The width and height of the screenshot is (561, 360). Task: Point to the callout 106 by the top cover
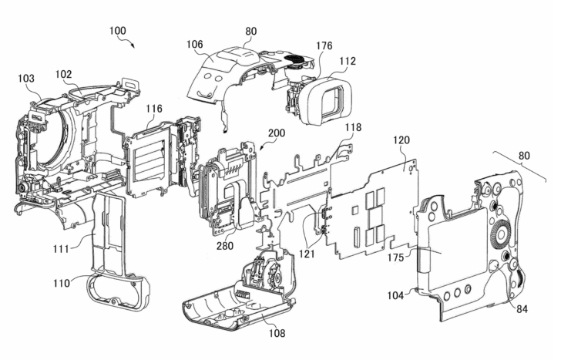tap(195, 45)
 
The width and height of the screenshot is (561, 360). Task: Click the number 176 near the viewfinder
tap(324, 45)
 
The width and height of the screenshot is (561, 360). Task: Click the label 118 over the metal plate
tap(354, 126)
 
